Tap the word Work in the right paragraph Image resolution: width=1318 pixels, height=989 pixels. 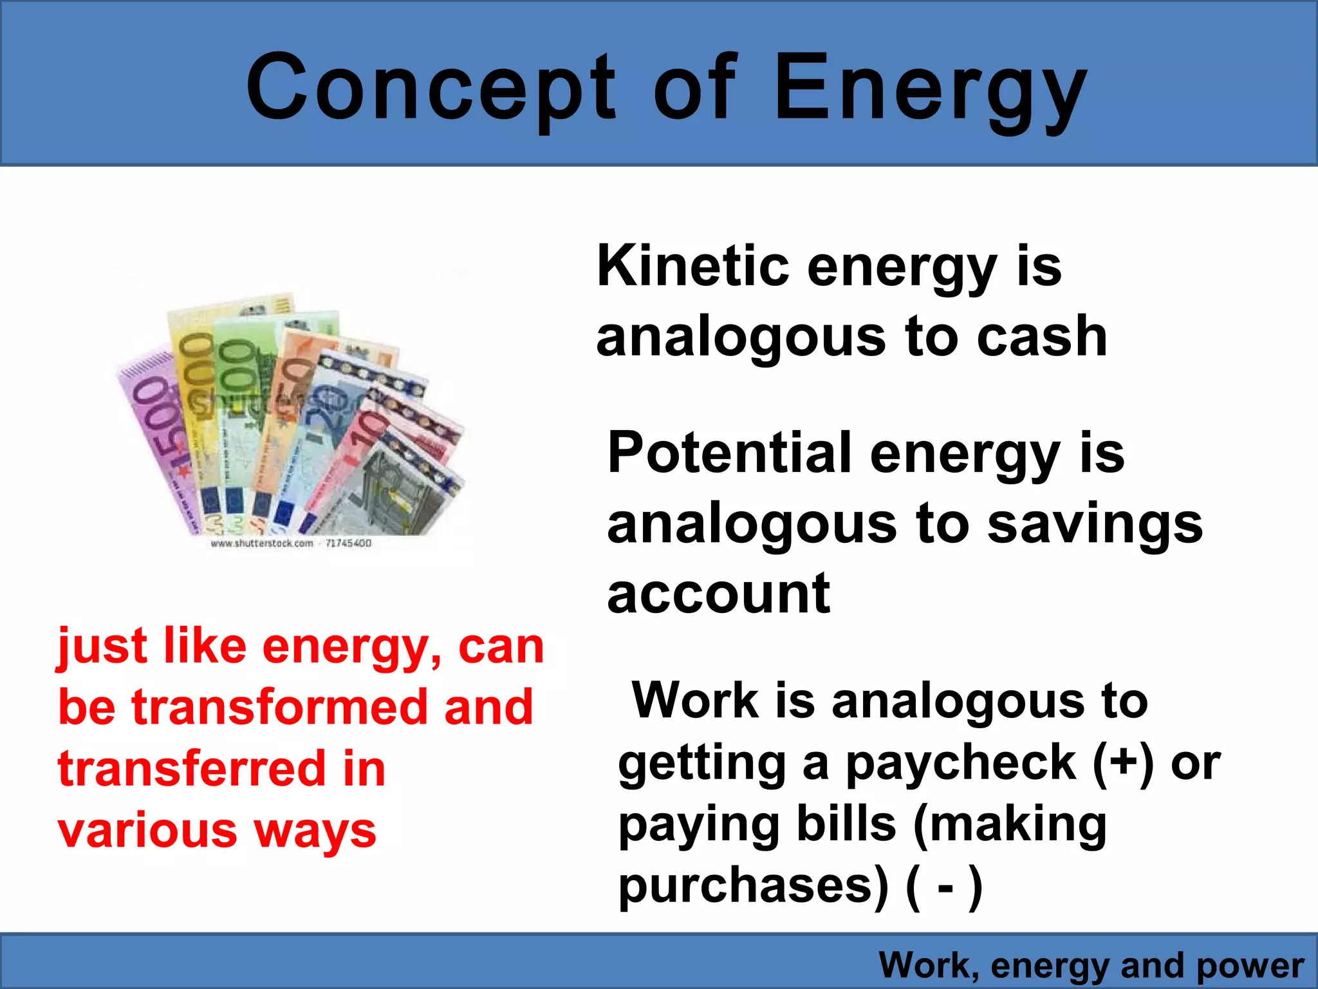(x=695, y=700)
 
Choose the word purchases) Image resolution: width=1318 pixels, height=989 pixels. (x=753, y=887)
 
